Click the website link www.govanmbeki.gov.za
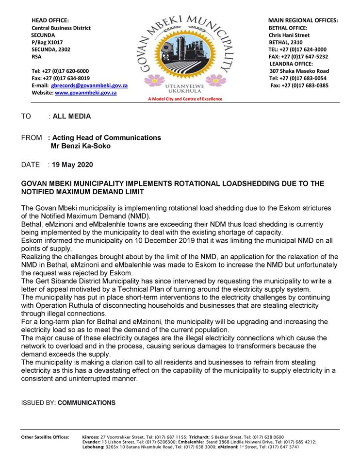pos(86,92)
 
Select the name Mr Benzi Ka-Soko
pos(81,146)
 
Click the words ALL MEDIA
pos(72,116)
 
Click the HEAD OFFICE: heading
pos(50,20)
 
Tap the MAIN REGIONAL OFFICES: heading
pos(303,20)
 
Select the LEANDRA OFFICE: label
pos(291,64)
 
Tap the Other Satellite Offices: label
pos(45,437)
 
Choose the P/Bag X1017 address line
pos(47,42)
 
